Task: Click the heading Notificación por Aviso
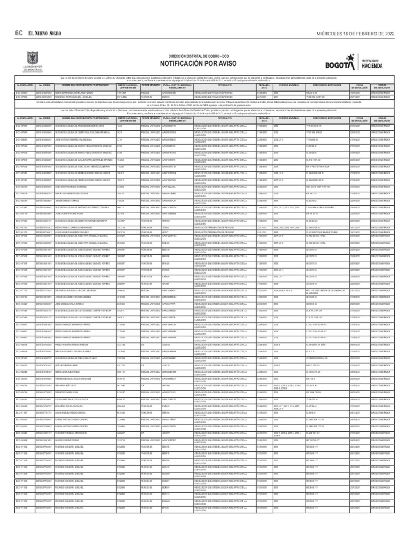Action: pos(204,62)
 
